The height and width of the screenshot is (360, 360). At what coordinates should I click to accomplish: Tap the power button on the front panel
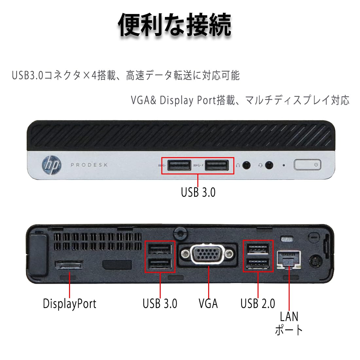point(307,165)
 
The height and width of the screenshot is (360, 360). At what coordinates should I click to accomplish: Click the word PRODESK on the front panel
point(89,165)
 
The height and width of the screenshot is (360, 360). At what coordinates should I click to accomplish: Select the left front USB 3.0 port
point(179,166)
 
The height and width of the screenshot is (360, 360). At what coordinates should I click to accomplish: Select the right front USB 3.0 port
point(217,166)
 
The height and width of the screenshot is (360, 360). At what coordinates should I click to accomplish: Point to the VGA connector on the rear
point(208,254)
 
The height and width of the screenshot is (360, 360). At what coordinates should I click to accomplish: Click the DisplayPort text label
point(70,303)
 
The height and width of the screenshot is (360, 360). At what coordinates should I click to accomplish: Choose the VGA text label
point(208,303)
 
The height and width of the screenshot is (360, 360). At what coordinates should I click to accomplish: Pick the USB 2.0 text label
point(258,303)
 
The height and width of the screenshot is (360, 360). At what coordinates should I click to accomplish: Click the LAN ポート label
point(289,323)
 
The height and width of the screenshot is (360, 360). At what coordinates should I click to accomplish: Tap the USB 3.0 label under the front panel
point(198,192)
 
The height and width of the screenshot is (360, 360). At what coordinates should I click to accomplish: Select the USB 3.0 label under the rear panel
point(160,303)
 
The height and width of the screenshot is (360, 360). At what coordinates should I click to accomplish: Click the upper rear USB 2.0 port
point(258,249)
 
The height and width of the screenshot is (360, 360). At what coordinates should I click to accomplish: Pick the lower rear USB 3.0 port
point(160,263)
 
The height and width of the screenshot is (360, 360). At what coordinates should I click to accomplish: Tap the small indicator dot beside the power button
point(283,165)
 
